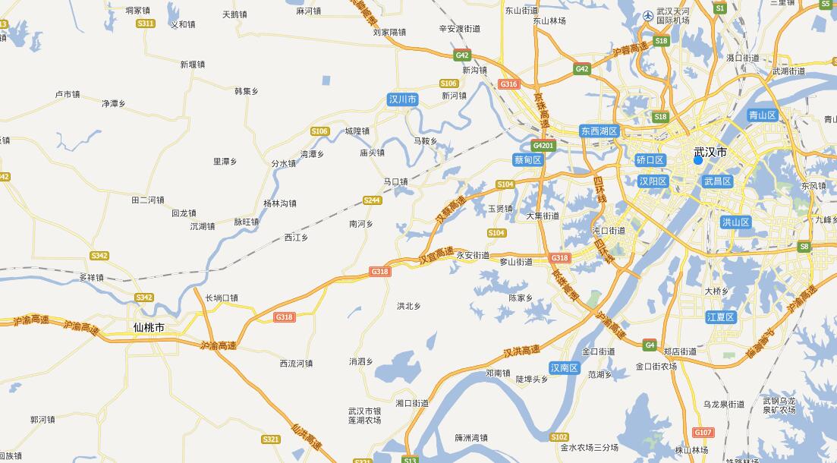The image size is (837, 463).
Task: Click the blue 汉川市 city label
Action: tap(402, 99)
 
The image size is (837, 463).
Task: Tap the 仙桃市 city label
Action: tap(148, 328)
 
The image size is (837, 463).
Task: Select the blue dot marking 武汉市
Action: tap(698, 159)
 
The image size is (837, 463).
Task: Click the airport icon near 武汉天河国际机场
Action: tap(647, 15)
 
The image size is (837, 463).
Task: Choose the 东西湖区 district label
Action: tap(600, 131)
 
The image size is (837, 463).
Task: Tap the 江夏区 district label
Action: tap(720, 317)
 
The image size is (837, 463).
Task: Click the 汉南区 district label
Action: tap(565, 368)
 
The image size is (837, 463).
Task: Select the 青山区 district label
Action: tap(762, 115)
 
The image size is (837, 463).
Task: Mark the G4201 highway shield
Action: tap(543, 145)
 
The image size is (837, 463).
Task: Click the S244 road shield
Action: tap(372, 200)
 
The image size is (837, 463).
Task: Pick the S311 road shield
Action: tap(146, 24)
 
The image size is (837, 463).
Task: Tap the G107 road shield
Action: tap(703, 433)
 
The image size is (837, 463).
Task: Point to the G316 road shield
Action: tap(508, 83)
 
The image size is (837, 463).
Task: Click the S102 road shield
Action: tap(559, 436)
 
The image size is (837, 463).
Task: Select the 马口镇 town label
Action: tap(395, 181)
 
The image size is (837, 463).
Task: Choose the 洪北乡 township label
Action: tap(408, 306)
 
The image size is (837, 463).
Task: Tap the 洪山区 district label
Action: tap(735, 222)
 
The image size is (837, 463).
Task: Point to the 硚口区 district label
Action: tap(650, 160)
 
